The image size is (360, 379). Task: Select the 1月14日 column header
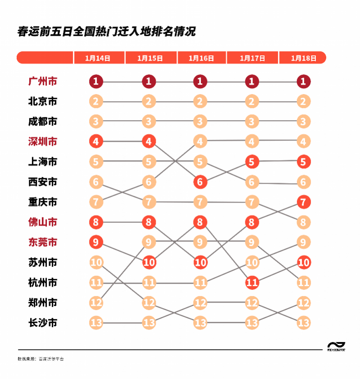click(x=98, y=58)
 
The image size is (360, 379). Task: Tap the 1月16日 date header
click(x=201, y=58)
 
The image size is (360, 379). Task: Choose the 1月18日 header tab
click(x=304, y=58)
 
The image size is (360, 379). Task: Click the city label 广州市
click(x=43, y=81)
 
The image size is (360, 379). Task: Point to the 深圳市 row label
click(x=43, y=142)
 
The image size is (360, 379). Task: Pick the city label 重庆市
click(x=43, y=202)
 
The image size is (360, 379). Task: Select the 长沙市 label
click(x=43, y=323)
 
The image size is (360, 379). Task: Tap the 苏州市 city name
click(x=43, y=262)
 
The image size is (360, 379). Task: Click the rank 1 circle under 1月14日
click(x=96, y=81)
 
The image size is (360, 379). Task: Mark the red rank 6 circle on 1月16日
click(x=200, y=182)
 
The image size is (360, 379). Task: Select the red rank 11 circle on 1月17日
click(x=252, y=283)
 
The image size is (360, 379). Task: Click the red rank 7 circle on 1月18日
click(x=304, y=202)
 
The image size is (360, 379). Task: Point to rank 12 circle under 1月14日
click(x=96, y=302)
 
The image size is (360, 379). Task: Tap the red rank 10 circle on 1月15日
click(x=149, y=262)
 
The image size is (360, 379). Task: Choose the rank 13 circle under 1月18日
click(x=304, y=323)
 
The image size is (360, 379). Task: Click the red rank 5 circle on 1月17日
click(x=252, y=162)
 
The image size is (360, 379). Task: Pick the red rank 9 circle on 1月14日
click(x=96, y=242)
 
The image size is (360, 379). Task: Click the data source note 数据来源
click(x=40, y=359)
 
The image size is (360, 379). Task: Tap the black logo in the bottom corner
click(x=336, y=345)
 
